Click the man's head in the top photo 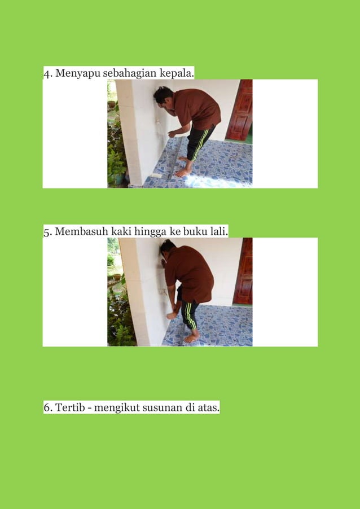coord(163,95)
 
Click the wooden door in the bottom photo coord(243,271)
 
